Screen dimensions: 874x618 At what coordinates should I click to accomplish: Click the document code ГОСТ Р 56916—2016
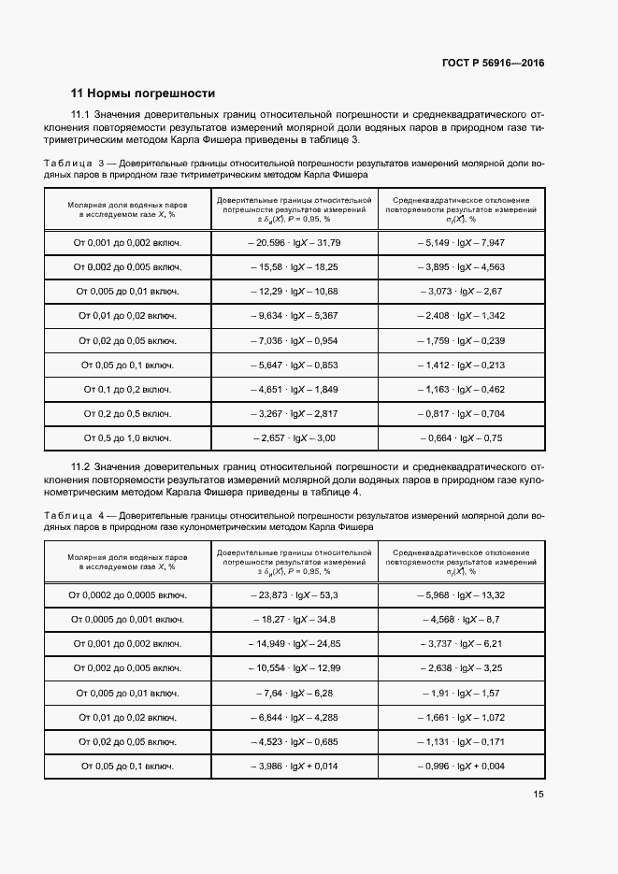point(493,64)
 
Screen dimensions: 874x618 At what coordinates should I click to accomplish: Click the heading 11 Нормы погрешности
point(143,93)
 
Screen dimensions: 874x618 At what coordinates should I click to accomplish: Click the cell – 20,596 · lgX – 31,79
point(295,243)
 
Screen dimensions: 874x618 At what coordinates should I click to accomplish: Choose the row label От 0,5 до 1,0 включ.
point(127,437)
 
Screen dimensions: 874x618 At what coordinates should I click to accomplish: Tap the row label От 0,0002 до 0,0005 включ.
point(127,595)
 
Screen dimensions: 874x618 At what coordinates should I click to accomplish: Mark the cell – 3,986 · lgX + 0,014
point(295,766)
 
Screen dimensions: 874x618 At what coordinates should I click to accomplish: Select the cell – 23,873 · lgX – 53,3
point(295,595)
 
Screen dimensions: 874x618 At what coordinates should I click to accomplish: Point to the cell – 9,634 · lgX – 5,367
point(295,316)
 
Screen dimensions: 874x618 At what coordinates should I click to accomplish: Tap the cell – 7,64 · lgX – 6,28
point(295,693)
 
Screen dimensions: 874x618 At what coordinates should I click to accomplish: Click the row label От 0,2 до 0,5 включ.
point(127,413)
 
